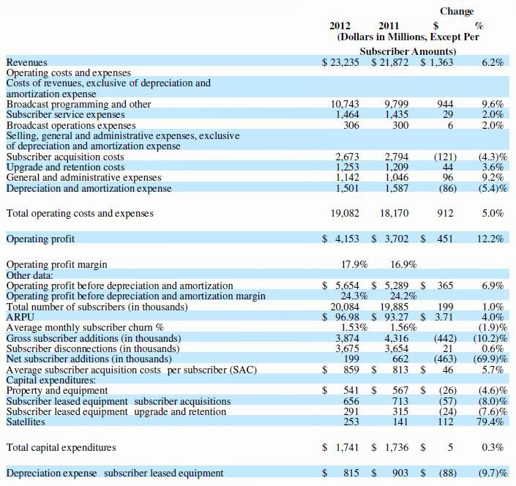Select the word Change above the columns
457,12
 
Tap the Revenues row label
26,63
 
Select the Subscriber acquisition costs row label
65,157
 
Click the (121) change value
444,157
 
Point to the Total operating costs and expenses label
80,214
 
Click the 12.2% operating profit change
492,239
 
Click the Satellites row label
26,422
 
